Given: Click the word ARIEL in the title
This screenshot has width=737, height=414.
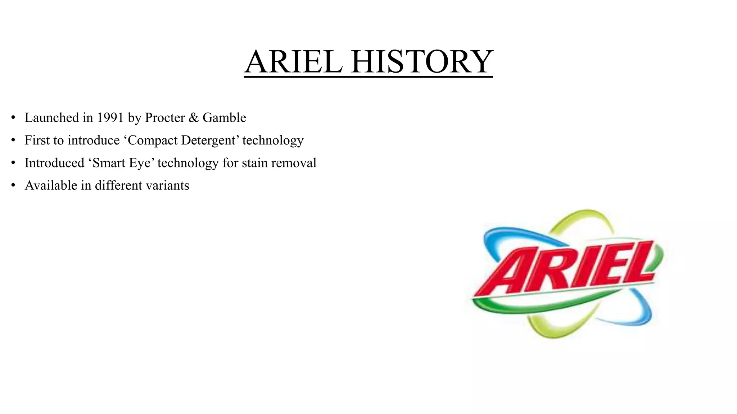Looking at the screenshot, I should [293, 62].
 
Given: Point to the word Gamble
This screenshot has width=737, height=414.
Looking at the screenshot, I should [224, 118].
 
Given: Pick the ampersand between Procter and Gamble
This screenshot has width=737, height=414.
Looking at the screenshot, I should [194, 118].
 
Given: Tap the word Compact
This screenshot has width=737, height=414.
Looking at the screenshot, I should [153, 140].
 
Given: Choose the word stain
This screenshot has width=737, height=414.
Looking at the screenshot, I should [255, 163].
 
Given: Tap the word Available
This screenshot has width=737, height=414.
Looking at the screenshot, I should [51, 185].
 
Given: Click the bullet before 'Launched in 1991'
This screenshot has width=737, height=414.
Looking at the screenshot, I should [13, 118].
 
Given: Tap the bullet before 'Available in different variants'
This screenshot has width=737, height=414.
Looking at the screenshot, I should [13, 185].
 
